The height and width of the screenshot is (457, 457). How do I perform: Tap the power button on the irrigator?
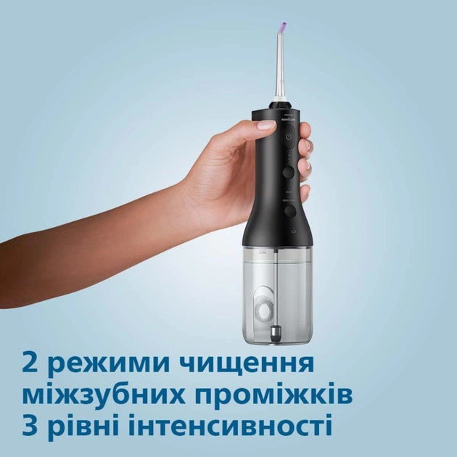pos(288,137)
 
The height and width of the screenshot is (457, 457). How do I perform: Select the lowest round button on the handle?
pos(289,211)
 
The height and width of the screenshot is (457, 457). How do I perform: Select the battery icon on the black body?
pos(290,232)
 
